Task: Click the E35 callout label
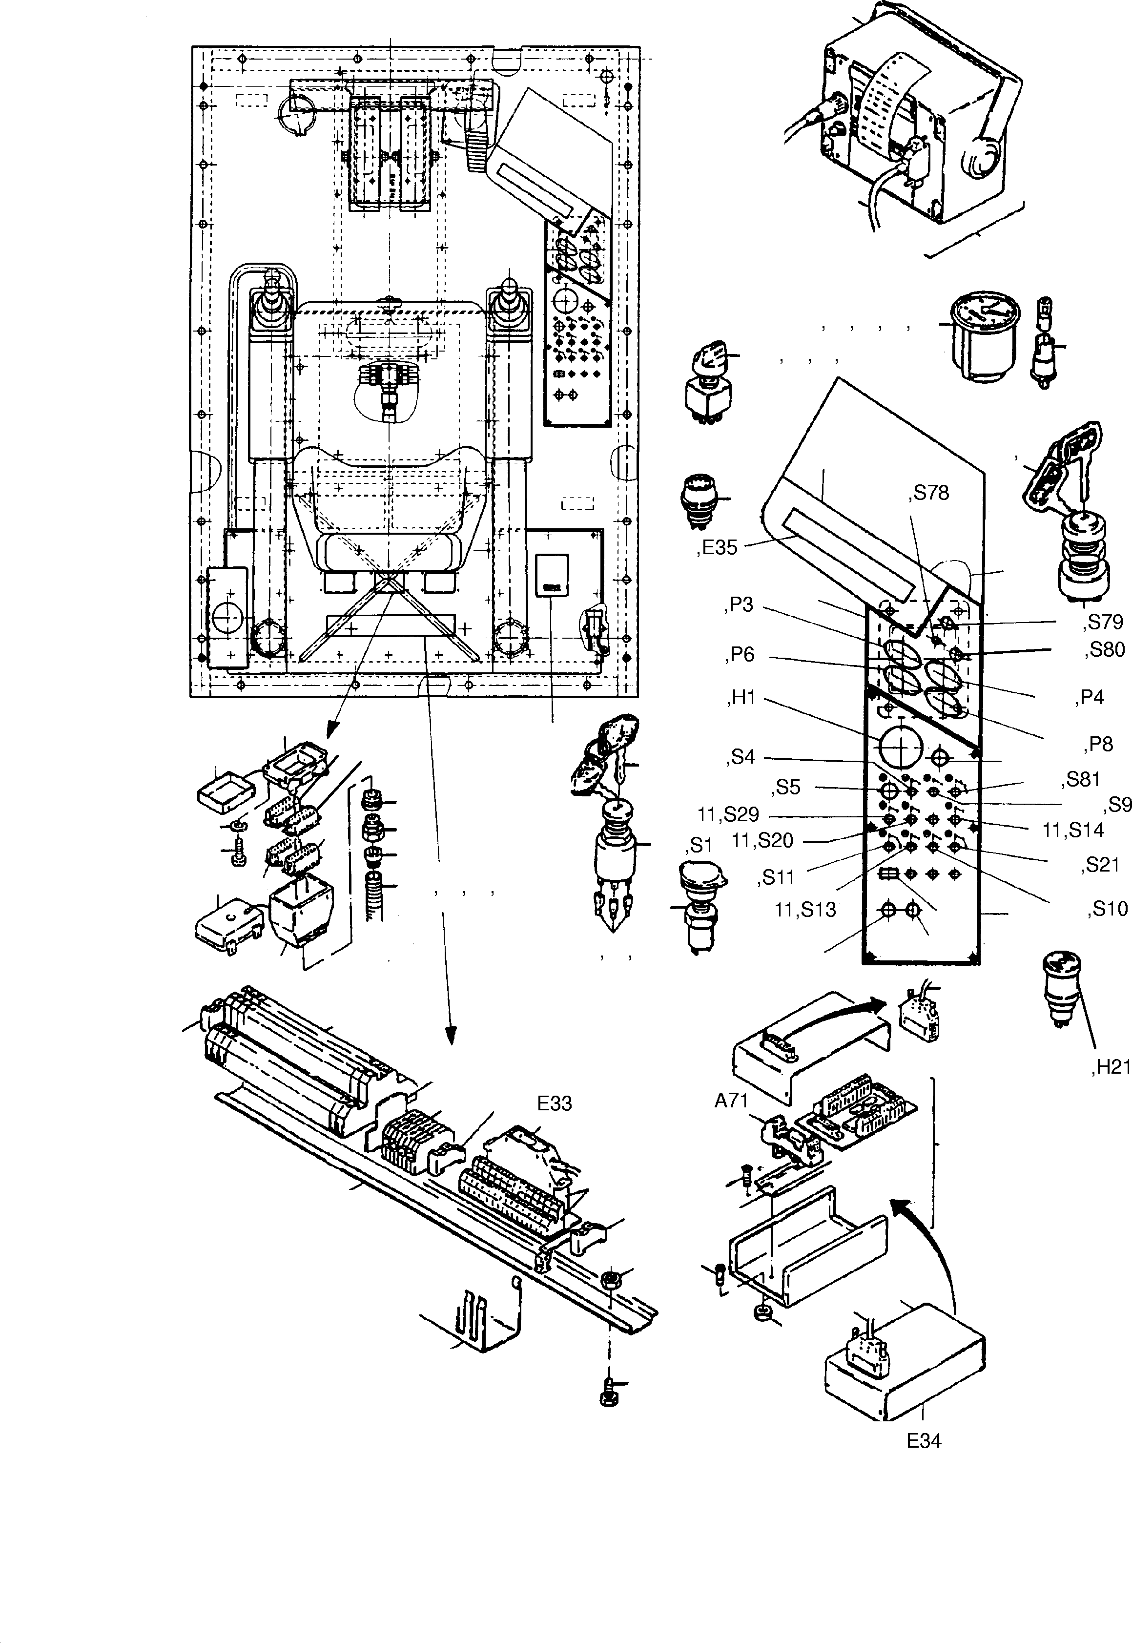pos(718,548)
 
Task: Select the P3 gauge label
pos(740,605)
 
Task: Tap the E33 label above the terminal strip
pos(554,1104)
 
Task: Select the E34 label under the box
pos(924,1441)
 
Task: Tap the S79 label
pos(1104,622)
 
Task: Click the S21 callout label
pos(1103,865)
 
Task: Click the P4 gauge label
pos(1091,698)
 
